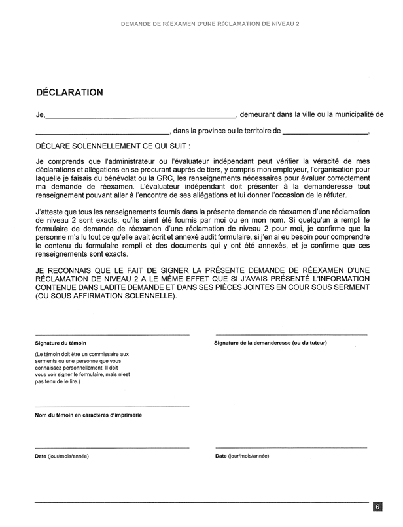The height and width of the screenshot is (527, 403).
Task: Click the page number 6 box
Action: click(378, 507)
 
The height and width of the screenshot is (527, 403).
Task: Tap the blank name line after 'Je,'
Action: click(141, 117)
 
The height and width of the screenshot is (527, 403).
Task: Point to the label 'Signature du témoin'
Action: click(60, 343)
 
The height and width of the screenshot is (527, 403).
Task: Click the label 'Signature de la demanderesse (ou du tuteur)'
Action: click(271, 343)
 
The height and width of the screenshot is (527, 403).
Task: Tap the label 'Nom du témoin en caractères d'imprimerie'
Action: click(88, 415)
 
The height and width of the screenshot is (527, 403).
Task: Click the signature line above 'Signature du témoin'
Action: click(112, 335)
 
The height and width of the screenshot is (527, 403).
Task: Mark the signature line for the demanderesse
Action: click(291, 335)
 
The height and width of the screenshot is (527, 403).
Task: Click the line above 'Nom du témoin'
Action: click(112, 407)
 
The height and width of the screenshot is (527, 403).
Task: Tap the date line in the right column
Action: click(291, 448)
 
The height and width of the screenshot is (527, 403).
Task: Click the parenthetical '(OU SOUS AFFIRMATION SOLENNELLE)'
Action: click(106, 296)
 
